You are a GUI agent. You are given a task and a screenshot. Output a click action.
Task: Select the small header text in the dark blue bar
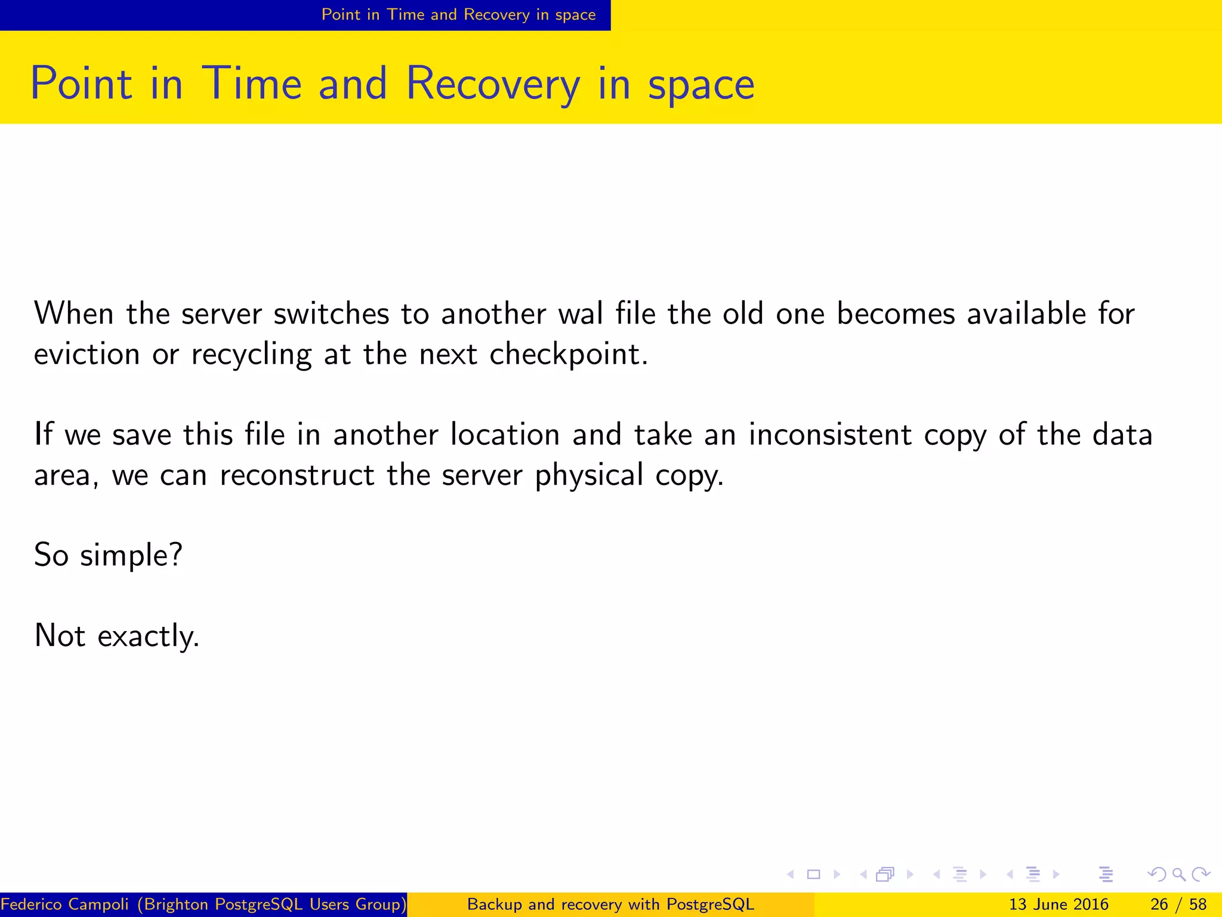[x=458, y=14]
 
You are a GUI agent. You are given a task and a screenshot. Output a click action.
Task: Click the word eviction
[x=87, y=355]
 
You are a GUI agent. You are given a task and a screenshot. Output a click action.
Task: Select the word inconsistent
[x=830, y=435]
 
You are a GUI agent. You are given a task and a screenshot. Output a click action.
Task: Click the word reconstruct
[x=297, y=475]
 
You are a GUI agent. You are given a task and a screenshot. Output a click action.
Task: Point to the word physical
[x=589, y=475]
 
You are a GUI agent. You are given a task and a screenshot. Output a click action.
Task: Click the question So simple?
[x=108, y=555]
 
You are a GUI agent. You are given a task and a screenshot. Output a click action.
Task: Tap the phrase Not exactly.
[x=116, y=635]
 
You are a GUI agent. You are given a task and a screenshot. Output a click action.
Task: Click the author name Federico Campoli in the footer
[x=65, y=904]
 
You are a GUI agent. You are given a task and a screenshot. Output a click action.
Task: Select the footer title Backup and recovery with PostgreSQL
[x=610, y=904]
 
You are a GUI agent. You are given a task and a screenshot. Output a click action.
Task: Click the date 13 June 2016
[x=1059, y=904]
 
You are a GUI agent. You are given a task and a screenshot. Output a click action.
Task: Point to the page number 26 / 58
[x=1178, y=904]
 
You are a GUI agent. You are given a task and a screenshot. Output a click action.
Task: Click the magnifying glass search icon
[x=1178, y=875]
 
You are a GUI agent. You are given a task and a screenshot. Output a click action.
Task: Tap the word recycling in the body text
[x=251, y=355]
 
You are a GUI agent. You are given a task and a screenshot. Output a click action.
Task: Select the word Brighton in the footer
[x=177, y=904]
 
